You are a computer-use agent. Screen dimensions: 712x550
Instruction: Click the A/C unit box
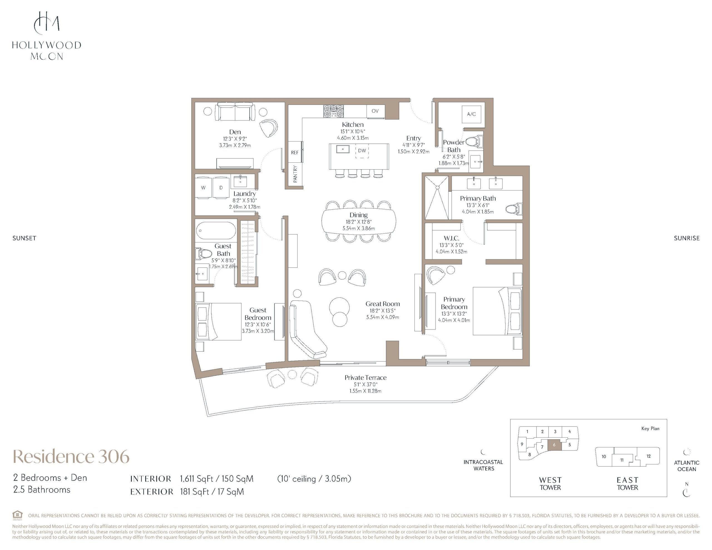(x=471, y=114)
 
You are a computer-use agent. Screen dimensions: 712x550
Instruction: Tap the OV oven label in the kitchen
(x=375, y=111)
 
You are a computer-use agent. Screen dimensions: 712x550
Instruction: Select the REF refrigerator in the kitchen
(x=295, y=152)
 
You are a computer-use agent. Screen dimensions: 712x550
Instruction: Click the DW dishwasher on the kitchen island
(x=362, y=151)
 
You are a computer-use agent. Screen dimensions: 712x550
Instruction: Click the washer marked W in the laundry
(x=203, y=187)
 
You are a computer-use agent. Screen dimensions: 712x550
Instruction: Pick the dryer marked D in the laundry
(x=221, y=187)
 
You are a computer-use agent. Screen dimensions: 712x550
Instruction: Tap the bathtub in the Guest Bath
(x=216, y=231)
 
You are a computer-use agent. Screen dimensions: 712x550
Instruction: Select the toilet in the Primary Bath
(x=514, y=209)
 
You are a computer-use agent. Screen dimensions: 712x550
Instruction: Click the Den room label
(x=235, y=132)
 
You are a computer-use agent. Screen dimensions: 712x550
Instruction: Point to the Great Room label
(x=383, y=304)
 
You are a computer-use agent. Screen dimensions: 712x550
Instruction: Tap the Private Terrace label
(x=365, y=378)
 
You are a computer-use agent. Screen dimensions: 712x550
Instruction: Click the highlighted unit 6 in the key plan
(x=554, y=445)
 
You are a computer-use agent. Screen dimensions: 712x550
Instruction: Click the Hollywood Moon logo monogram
(x=47, y=23)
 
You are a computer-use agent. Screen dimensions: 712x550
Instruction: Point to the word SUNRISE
(x=687, y=238)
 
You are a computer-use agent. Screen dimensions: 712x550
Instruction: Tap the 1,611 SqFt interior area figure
(x=196, y=479)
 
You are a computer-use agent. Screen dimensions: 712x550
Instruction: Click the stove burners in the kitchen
(x=333, y=111)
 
